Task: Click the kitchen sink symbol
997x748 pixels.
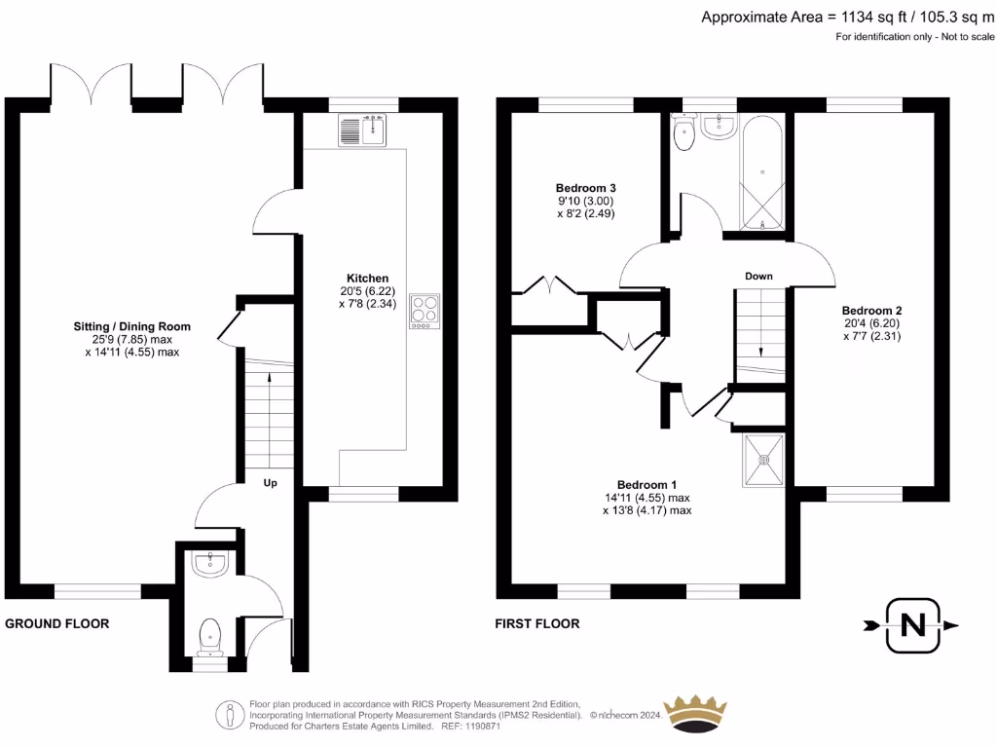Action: pos(363,130)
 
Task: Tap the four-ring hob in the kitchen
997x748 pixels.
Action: pos(425,311)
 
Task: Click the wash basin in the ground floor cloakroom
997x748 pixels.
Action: pos(210,564)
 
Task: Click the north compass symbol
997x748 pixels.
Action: pos(912,625)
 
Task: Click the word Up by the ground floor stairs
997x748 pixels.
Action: pos(272,482)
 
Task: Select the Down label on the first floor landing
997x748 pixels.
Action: pos(758,277)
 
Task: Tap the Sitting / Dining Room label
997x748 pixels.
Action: pos(131,326)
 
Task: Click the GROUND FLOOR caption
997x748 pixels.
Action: pos(57,623)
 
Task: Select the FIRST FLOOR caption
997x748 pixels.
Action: pos(538,623)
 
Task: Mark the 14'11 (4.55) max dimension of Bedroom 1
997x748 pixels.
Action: pos(647,497)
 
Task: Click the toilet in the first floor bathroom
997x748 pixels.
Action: pos(683,136)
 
